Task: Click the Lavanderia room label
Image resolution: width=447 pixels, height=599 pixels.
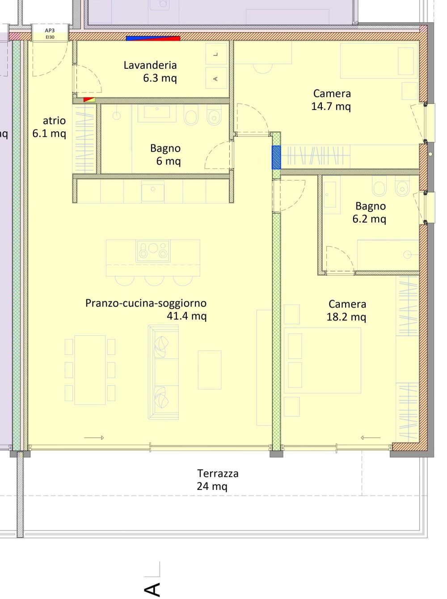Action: click(150, 65)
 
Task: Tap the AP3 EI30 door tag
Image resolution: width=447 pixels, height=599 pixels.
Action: click(50, 34)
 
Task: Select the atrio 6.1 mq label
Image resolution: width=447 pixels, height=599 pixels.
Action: click(50, 127)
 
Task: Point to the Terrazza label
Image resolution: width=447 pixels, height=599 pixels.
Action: click(218, 473)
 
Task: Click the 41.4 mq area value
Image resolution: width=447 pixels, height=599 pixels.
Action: click(186, 316)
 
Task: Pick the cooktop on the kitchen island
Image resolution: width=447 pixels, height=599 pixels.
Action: click(153, 251)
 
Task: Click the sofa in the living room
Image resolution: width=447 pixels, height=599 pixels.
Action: click(163, 372)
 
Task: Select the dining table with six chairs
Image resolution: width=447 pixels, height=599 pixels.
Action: click(90, 370)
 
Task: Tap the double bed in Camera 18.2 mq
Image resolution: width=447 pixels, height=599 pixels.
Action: click(322, 360)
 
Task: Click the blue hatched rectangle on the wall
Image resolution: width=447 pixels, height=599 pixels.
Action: click(276, 157)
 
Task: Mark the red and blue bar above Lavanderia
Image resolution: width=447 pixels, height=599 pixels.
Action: click(153, 38)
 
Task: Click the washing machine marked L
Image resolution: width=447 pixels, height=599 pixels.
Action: click(216, 55)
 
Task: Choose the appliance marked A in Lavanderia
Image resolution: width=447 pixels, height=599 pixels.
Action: click(216, 79)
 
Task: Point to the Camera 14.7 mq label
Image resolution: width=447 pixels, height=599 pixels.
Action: click(332, 100)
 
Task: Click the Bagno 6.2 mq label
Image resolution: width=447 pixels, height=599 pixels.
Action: click(370, 212)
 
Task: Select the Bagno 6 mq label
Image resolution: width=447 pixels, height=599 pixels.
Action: click(166, 155)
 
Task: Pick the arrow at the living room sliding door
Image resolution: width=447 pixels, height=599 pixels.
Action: click(94, 438)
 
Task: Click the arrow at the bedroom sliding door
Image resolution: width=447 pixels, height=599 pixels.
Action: click(371, 438)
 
